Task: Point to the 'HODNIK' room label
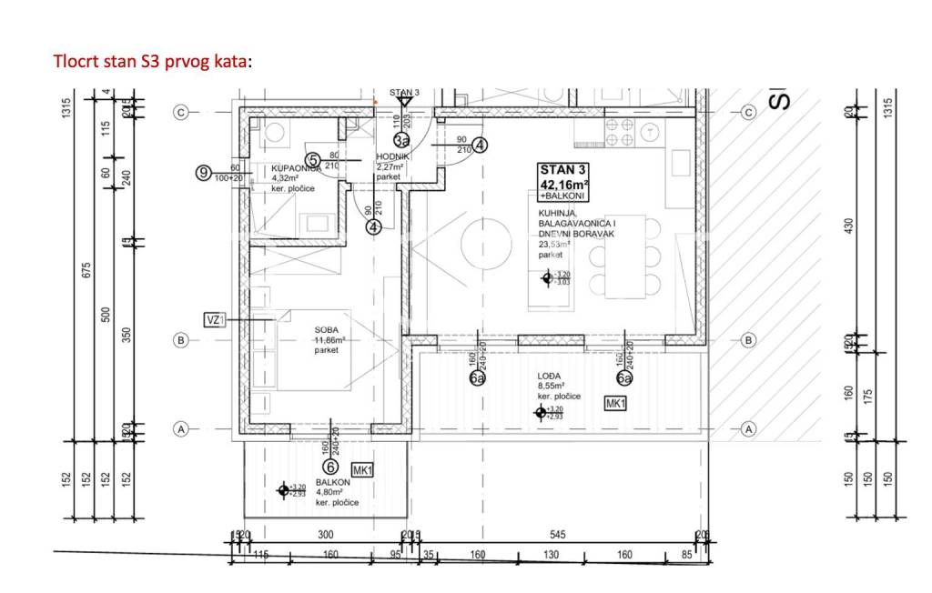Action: point(393,157)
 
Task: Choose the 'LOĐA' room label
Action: point(551,375)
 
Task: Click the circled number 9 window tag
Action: point(204,172)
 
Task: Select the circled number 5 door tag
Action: point(312,160)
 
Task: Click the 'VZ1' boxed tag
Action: point(215,319)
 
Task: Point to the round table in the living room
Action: point(484,244)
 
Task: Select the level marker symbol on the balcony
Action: point(283,490)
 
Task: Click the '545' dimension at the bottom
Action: point(561,535)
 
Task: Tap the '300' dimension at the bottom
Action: point(325,535)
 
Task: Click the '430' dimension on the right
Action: point(848,225)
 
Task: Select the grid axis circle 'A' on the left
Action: point(181,428)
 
